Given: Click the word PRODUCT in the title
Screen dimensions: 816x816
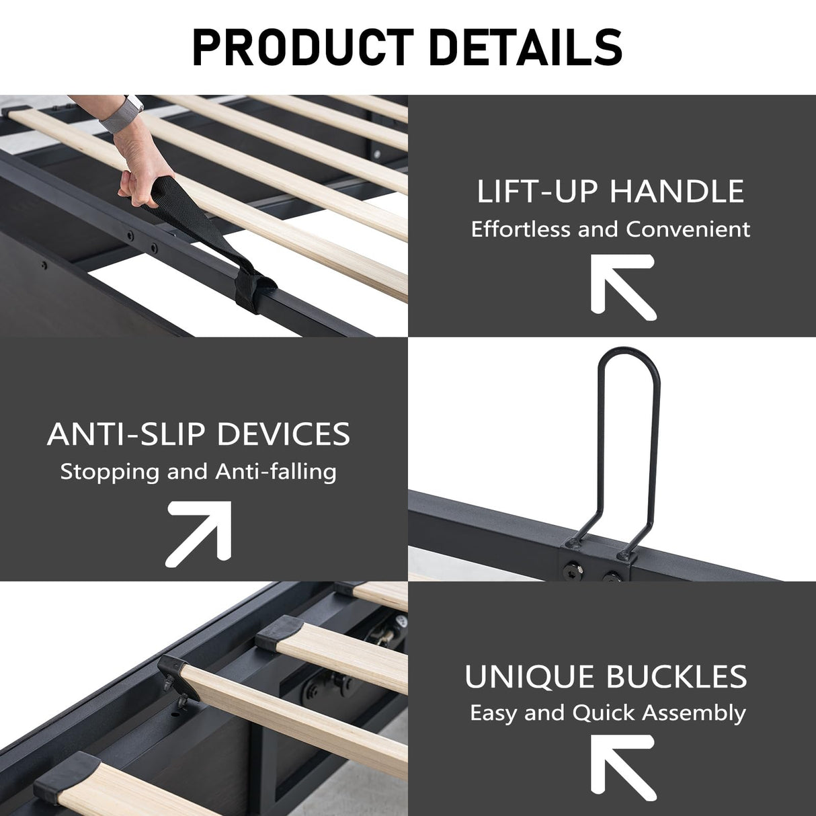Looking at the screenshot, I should (302, 46).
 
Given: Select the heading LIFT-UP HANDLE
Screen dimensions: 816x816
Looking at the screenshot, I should (610, 192).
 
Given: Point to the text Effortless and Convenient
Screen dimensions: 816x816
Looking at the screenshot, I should (610, 229).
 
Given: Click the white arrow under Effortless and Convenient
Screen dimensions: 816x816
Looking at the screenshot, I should (621, 285).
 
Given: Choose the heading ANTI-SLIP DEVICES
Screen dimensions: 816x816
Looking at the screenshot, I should (199, 434).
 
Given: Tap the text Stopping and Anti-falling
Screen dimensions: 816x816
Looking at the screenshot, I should (198, 471).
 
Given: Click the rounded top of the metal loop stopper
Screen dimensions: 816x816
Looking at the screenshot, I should (628, 356).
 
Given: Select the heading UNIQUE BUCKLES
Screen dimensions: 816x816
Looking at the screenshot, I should (606, 677).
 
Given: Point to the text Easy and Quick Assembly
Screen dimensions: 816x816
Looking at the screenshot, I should (608, 712).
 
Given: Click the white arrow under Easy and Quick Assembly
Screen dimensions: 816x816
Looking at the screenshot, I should (621, 766).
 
